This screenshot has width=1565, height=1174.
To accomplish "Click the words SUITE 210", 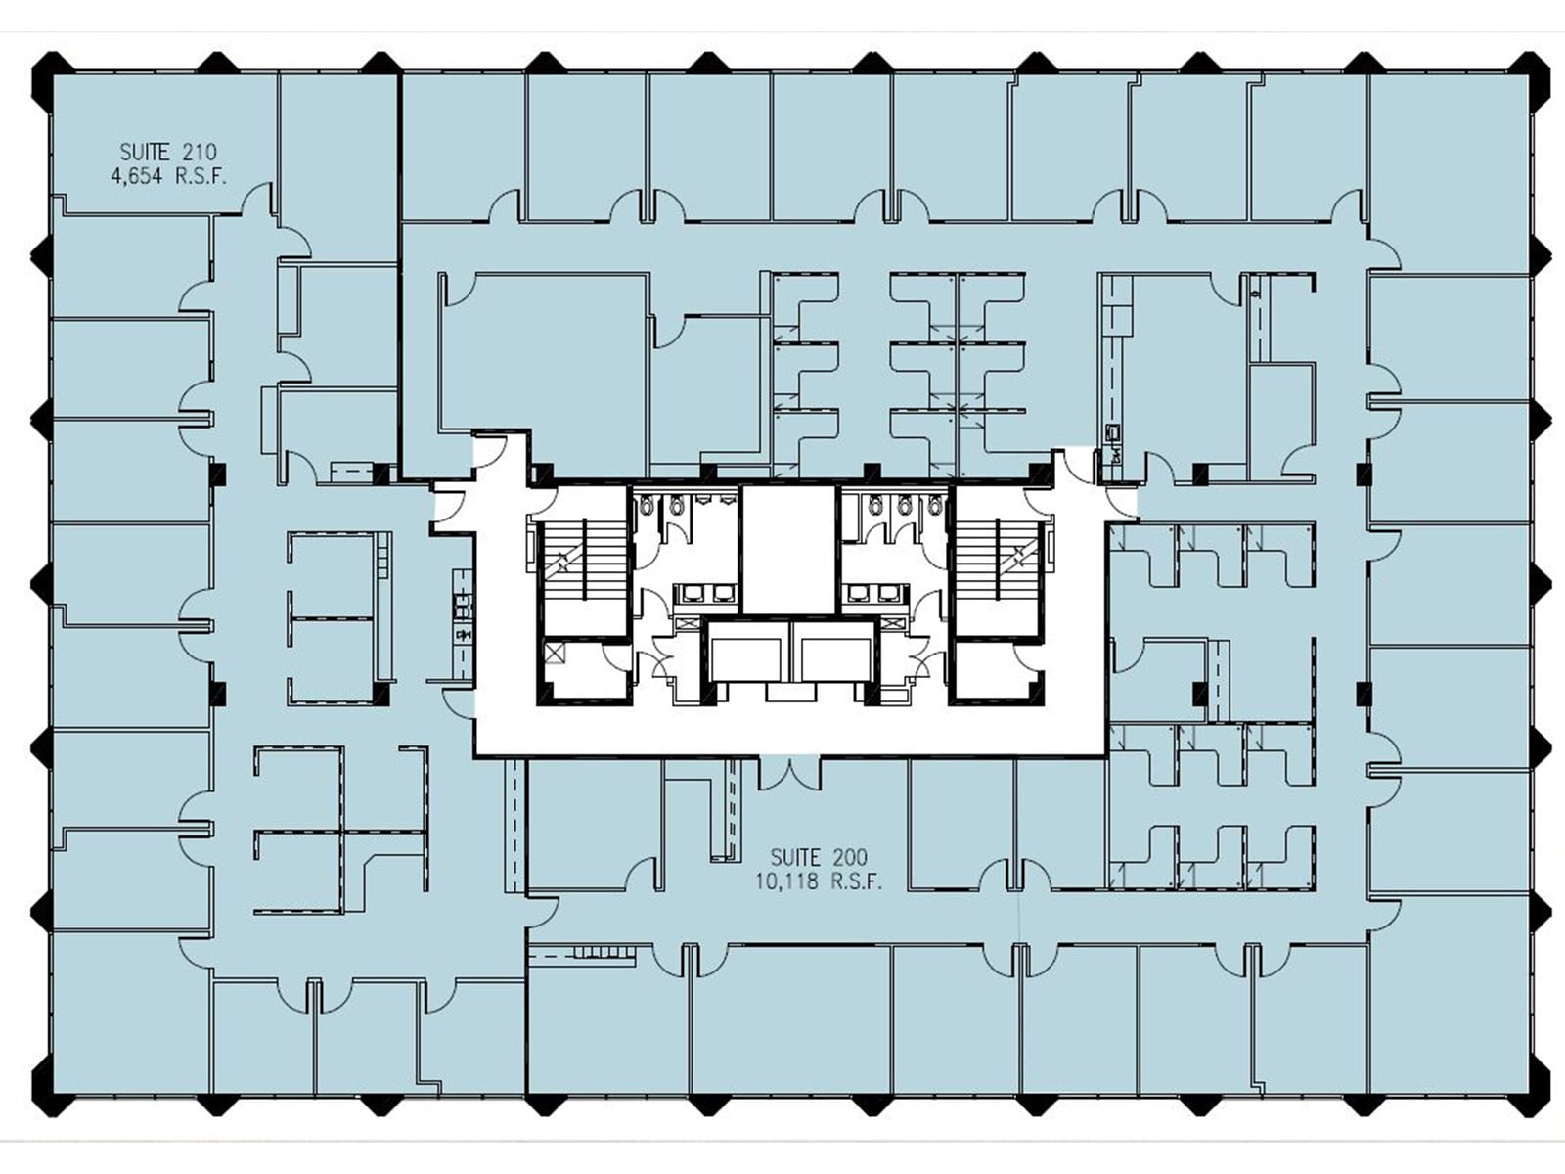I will (168, 152).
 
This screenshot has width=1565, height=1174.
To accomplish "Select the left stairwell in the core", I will (584, 564).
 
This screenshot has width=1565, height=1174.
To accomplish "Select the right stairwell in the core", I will (998, 564).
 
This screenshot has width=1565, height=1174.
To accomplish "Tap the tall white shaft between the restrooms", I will (789, 548).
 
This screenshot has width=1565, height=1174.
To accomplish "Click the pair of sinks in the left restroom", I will (706, 593).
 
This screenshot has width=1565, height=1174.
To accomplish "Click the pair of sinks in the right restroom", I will (872, 593).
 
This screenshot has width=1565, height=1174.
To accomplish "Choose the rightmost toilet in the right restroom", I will (936, 505).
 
